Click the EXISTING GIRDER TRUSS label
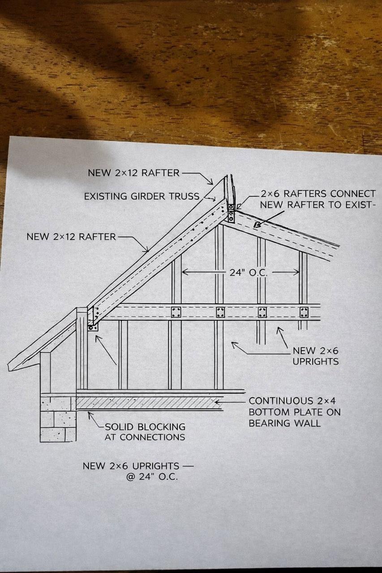coord(142,197)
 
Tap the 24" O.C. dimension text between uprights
coord(248,273)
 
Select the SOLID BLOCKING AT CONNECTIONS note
coord(145,432)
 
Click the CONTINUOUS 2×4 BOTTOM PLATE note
coord(295,412)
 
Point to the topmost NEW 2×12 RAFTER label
coord(133,173)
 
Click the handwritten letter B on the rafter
coord(257,225)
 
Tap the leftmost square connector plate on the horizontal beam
coord(176,312)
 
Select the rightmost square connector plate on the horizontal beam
coord(304,312)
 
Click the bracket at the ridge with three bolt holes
coord(231,213)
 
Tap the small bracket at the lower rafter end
coord(93,328)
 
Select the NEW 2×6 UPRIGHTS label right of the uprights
coord(315,356)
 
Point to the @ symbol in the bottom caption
coord(130,477)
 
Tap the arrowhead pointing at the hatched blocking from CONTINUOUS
coord(218,402)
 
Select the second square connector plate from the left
coord(220,312)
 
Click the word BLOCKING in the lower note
coord(162,427)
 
